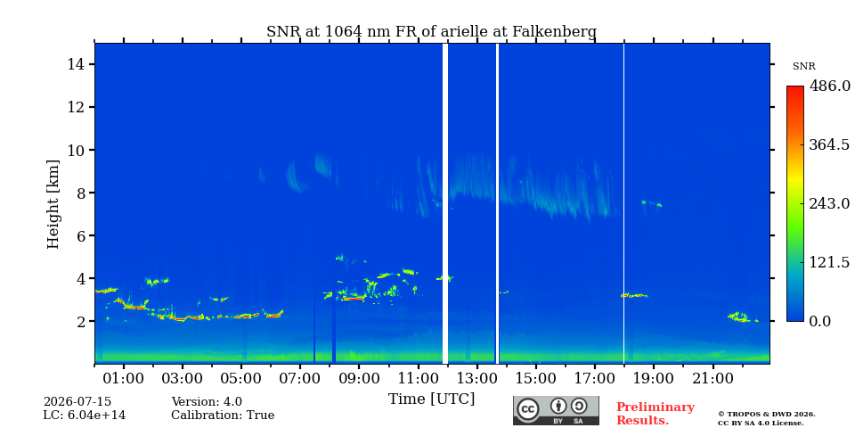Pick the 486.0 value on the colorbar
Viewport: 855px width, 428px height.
point(829,86)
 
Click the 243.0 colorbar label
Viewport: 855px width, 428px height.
point(829,203)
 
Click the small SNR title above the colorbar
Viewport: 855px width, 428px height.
point(803,67)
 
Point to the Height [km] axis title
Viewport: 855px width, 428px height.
point(53,204)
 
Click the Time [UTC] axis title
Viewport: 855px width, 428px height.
point(431,399)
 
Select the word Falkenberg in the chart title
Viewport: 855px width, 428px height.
point(554,32)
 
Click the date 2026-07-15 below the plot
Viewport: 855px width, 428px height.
point(77,402)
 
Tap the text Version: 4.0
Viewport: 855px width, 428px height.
point(207,402)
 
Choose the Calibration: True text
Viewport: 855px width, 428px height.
point(223,416)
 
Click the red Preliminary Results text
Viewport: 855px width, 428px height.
point(655,413)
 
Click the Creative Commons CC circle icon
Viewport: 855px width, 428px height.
point(527,409)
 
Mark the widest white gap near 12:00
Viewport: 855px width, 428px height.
point(445,203)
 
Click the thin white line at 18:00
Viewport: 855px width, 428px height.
point(623,203)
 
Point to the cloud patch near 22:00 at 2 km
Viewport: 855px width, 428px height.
point(742,317)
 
